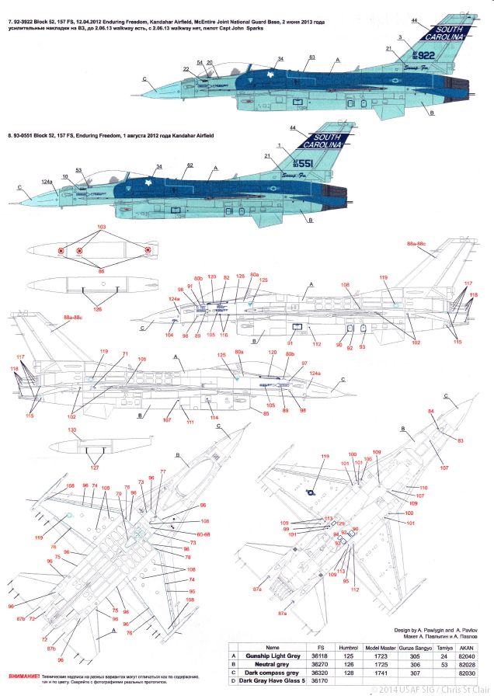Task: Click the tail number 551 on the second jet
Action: coord(323,164)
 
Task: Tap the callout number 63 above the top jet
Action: coord(311,57)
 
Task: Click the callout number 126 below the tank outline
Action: coord(97,309)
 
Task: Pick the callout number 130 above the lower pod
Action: coord(72,429)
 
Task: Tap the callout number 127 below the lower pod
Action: coord(95,468)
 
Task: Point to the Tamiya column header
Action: coord(445,646)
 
